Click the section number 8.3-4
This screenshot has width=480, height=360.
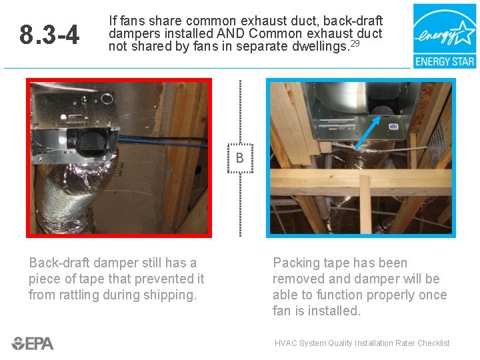point(49,35)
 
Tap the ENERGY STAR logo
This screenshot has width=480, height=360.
point(445,36)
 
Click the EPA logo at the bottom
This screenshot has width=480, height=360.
point(33,343)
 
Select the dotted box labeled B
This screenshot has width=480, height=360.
point(240,158)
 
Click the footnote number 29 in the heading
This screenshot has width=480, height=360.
point(355,43)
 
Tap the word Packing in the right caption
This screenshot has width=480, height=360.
point(294,263)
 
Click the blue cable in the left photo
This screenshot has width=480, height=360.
point(162,142)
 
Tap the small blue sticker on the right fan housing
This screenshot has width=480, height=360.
point(393,126)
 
